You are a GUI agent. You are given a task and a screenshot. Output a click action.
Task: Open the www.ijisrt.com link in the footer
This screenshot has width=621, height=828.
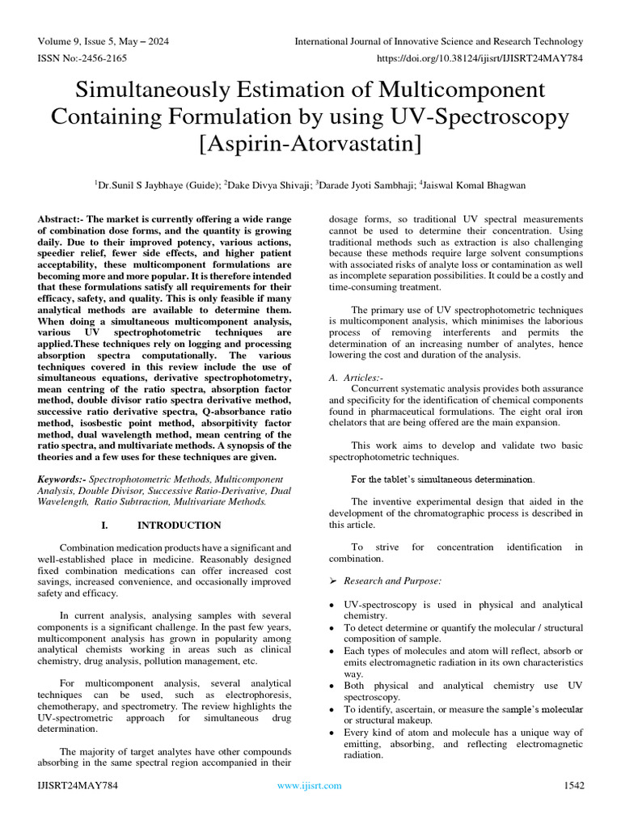point(309,785)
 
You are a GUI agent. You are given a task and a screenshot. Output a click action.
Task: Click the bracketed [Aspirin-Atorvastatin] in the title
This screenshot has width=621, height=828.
point(310,146)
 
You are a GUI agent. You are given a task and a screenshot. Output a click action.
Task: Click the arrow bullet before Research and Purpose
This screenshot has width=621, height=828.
point(334,581)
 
